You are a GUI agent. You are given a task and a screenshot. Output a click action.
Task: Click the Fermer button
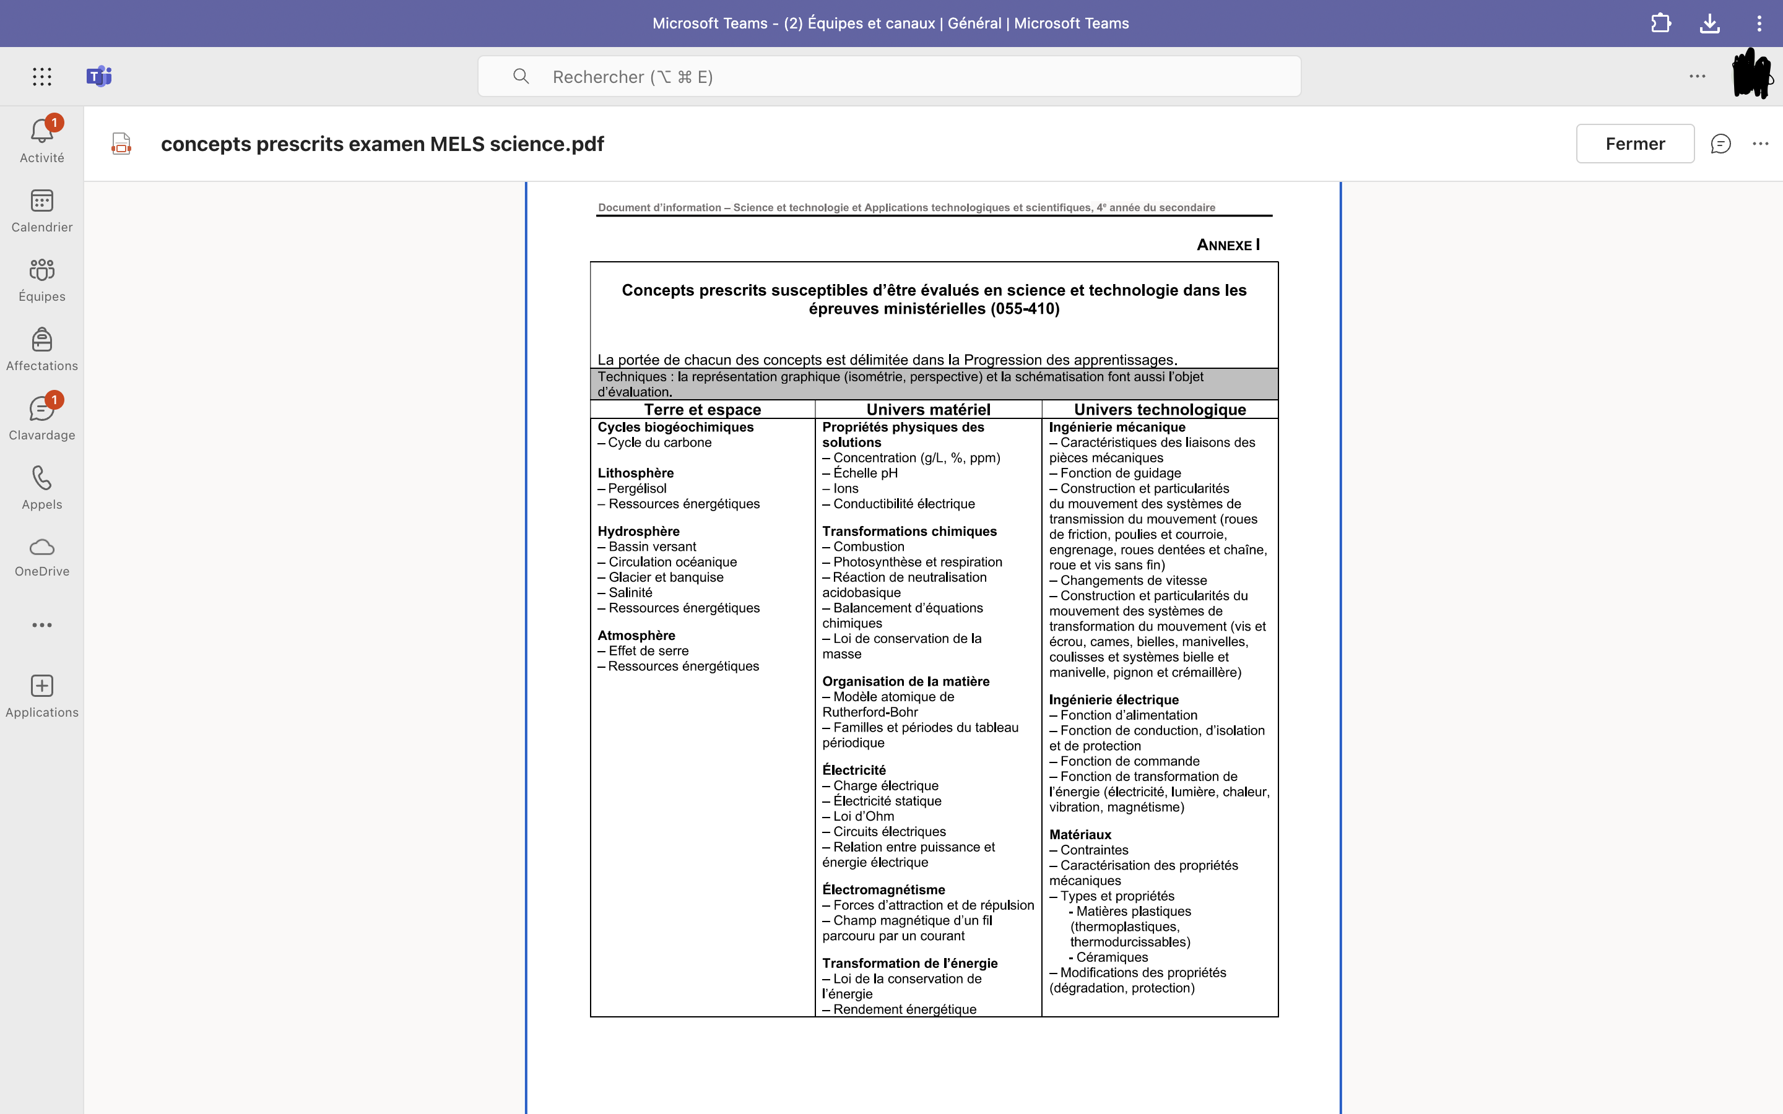point(1634,144)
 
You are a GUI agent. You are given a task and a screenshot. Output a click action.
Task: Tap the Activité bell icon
point(41,132)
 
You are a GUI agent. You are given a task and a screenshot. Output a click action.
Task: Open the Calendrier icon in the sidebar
point(41,201)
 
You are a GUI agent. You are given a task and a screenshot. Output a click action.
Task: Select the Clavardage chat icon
point(41,410)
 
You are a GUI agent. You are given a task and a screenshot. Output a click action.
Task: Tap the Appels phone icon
point(41,478)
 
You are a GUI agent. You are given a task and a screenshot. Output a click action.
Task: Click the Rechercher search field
point(888,77)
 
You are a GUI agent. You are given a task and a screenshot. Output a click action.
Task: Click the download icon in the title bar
point(1709,24)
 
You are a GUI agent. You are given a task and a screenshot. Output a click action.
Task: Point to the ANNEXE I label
point(1228,244)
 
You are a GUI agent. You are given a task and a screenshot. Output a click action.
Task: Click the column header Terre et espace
point(702,410)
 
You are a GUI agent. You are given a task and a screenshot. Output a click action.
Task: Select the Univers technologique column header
point(1160,410)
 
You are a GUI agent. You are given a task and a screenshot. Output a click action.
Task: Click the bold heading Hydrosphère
point(638,531)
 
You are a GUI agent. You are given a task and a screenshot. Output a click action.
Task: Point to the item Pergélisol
point(636,488)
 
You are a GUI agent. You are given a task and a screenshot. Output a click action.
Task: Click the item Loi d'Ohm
point(863,816)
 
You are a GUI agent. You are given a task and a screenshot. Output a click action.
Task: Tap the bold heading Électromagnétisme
point(883,890)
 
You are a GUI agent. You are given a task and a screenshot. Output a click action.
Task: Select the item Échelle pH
point(865,473)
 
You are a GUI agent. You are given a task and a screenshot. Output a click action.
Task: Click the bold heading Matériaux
point(1080,835)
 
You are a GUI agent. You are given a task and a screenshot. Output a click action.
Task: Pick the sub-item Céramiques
point(1111,957)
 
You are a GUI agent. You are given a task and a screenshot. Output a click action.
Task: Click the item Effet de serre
point(648,651)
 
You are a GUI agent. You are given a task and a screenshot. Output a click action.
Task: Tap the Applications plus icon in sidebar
point(41,686)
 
